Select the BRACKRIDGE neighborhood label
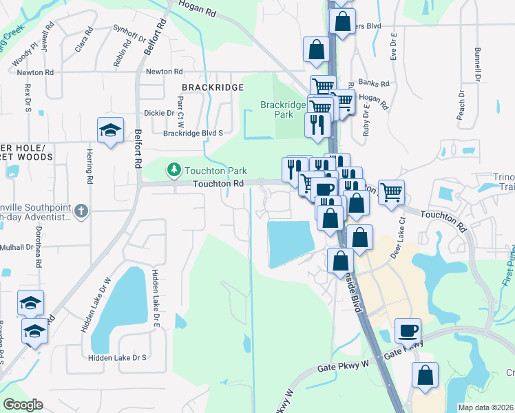click(213, 87)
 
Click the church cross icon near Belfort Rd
click(81, 211)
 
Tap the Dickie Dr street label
click(160, 113)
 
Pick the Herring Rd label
click(90, 168)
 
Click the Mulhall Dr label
click(12, 247)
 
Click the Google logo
click(23, 405)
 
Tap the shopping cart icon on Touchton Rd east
click(391, 191)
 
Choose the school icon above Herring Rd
click(109, 131)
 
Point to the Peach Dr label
click(461, 107)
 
